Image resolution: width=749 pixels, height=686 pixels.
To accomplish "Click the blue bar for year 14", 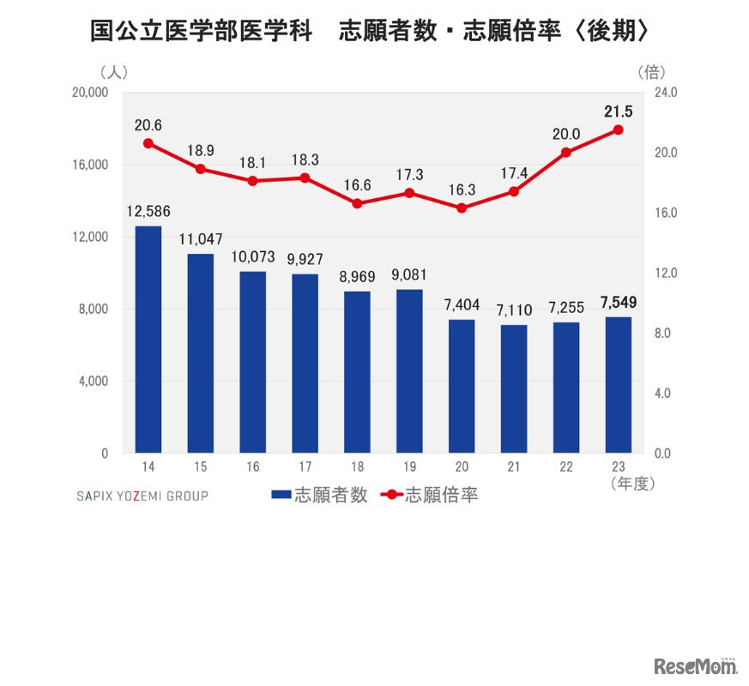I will coord(148,340).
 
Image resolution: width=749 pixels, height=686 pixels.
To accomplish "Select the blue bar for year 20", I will coord(462,386).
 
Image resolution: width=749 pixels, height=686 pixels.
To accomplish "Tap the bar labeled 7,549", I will coord(618,385).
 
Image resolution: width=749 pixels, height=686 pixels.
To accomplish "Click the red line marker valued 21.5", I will coord(618,129).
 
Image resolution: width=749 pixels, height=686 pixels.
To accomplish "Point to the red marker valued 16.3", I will coord(462,208).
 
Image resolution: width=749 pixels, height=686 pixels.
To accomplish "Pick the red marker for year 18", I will coord(357,203).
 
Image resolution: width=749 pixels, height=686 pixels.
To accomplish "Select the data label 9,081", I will coord(409,275).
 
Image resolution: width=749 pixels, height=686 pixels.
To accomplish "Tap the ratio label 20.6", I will coord(148,124).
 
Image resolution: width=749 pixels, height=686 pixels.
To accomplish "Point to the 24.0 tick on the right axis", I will coord(666,93).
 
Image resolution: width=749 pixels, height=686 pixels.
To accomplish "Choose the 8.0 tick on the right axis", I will coord(666,334).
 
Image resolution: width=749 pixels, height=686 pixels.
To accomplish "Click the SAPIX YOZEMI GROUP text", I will coord(142,496).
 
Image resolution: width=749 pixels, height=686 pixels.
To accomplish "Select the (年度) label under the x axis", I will coord(632,484).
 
